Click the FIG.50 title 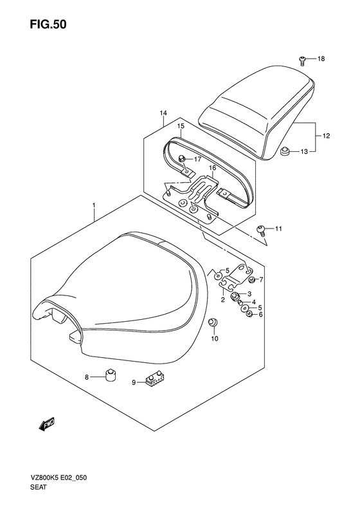pyautogui.click(x=48, y=24)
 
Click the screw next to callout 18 pyautogui.click(x=302, y=60)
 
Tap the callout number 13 pyautogui.click(x=303, y=151)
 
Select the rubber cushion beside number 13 pyautogui.click(x=284, y=152)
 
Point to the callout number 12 pyautogui.click(x=327, y=136)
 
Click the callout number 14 pyautogui.click(x=163, y=113)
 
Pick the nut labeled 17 pyautogui.click(x=182, y=159)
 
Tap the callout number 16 pyautogui.click(x=212, y=168)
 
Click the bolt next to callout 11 pyautogui.click(x=261, y=230)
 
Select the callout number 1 pyautogui.click(x=94, y=205)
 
